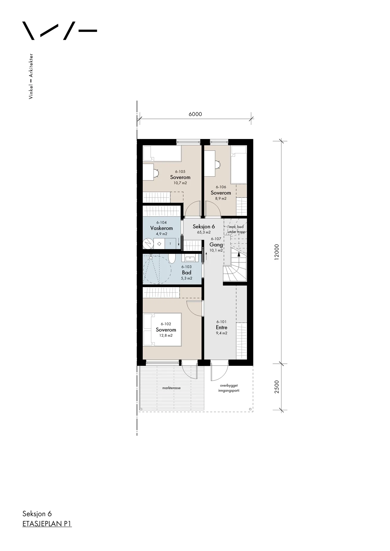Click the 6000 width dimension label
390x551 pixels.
[195, 114]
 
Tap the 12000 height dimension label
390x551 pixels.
[277, 252]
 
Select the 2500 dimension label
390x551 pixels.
[277, 387]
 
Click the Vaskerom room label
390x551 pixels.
[161, 228]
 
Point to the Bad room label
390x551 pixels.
[187, 272]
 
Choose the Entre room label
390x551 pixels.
[222, 328]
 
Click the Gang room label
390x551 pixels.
[216, 245]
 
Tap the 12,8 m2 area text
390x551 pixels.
[166, 335]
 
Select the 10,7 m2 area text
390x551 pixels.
[180, 183]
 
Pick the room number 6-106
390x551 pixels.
[221, 187]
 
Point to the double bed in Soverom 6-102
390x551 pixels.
[162, 329]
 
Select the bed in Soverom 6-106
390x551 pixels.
[239, 165]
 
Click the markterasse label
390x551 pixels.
[171, 388]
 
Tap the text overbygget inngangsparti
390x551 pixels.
[229, 388]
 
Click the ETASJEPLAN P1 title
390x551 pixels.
[47, 524]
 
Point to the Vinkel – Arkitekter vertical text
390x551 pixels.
[31, 76]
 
